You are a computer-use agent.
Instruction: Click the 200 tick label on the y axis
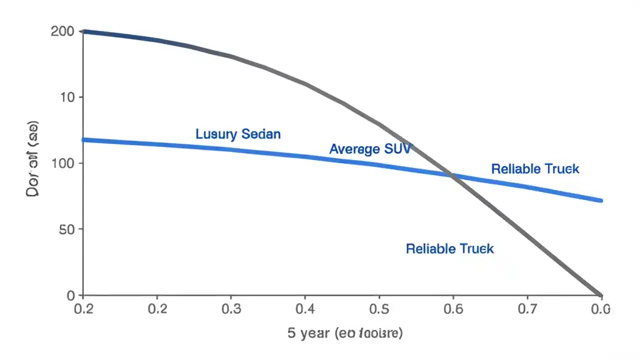pyautogui.click(x=62, y=32)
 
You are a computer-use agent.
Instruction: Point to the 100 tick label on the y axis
pyautogui.click(x=62, y=163)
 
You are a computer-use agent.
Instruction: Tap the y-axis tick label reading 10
pyautogui.click(x=67, y=97)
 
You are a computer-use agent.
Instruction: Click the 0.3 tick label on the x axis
pyautogui.click(x=230, y=308)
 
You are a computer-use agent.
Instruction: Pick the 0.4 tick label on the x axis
pyautogui.click(x=305, y=308)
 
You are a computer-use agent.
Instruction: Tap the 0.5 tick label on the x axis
pyautogui.click(x=378, y=308)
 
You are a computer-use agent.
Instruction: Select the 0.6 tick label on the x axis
pyautogui.click(x=452, y=308)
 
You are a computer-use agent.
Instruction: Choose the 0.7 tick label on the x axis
pyautogui.click(x=526, y=308)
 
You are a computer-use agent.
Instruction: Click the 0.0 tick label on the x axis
pyautogui.click(x=600, y=308)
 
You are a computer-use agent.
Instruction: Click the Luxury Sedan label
pyautogui.click(x=238, y=134)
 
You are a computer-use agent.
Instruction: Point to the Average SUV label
pyautogui.click(x=370, y=148)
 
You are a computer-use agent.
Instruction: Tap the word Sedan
pyautogui.click(x=260, y=134)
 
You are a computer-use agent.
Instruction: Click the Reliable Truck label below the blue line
pyautogui.click(x=449, y=248)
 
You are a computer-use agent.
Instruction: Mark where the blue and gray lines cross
pyautogui.click(x=452, y=175)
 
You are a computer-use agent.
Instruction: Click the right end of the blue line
pyautogui.click(x=600, y=200)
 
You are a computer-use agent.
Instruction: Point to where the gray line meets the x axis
pyautogui.click(x=600, y=295)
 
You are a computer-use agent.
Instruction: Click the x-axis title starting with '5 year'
pyautogui.click(x=345, y=333)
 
